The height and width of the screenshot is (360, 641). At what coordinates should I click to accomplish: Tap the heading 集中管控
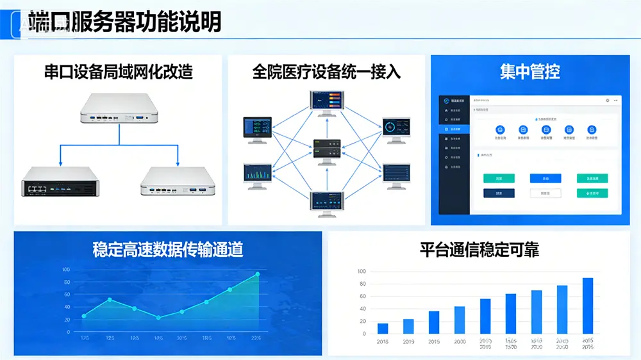coord(530,71)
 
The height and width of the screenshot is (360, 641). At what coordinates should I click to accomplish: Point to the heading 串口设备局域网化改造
coord(119,71)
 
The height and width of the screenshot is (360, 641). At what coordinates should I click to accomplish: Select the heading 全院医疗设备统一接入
coord(326,71)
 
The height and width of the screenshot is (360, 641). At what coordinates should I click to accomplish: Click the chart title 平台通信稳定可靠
coord(479,249)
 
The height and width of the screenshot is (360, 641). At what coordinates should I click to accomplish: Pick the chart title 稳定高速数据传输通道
coord(168,249)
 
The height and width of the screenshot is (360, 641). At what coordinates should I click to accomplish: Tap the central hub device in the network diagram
coord(327,149)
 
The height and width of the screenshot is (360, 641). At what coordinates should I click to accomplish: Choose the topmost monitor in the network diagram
coord(327,102)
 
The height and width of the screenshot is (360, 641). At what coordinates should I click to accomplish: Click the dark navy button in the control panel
coord(499,193)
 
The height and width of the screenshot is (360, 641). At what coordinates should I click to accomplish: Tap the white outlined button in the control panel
coord(545,193)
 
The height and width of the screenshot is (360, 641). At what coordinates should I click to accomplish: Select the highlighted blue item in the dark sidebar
coord(454,129)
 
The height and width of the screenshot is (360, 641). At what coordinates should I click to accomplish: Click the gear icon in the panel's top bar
coord(607,101)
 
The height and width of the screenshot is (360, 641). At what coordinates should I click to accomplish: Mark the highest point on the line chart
coord(258,274)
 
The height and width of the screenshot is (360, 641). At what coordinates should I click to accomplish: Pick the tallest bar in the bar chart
coord(588,306)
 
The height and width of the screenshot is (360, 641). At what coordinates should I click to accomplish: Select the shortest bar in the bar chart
coord(383,328)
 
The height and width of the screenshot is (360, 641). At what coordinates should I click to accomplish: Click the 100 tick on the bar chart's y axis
coord(362,272)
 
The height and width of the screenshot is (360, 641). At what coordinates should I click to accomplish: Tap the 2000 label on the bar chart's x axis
coord(460,341)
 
